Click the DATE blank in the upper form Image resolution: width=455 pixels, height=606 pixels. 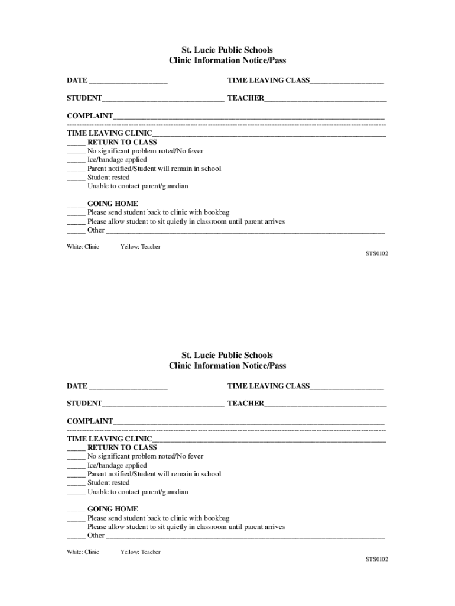pyautogui.click(x=128, y=81)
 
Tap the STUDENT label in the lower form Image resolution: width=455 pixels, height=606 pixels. pyautogui.click(x=84, y=404)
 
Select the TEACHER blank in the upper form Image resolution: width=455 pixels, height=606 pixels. pyautogui.click(x=326, y=99)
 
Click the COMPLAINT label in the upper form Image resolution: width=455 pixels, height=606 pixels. pyautogui.click(x=90, y=116)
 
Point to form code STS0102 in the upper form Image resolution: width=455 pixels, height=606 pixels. pyautogui.click(x=376, y=254)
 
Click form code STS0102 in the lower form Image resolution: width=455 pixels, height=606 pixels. pyautogui.click(x=376, y=559)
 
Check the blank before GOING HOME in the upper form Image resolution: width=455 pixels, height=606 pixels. pyautogui.click(x=76, y=204)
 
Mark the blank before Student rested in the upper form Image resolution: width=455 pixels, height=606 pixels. pyautogui.click(x=76, y=178)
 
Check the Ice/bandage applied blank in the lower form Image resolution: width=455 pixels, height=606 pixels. pyautogui.click(x=76, y=466)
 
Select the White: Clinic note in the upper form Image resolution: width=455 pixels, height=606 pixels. pyautogui.click(x=83, y=247)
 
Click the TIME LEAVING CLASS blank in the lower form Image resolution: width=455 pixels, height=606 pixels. pyautogui.click(x=347, y=387)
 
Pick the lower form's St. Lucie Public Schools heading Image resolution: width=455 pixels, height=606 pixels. pyautogui.click(x=227, y=356)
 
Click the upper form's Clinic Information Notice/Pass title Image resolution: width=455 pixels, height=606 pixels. pyautogui.click(x=227, y=60)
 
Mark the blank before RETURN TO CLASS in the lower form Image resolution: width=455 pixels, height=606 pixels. pyautogui.click(x=76, y=448)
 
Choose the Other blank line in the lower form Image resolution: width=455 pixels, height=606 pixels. pyautogui.click(x=245, y=536)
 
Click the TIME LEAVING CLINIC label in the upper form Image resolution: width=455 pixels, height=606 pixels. pyautogui.click(x=109, y=133)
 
